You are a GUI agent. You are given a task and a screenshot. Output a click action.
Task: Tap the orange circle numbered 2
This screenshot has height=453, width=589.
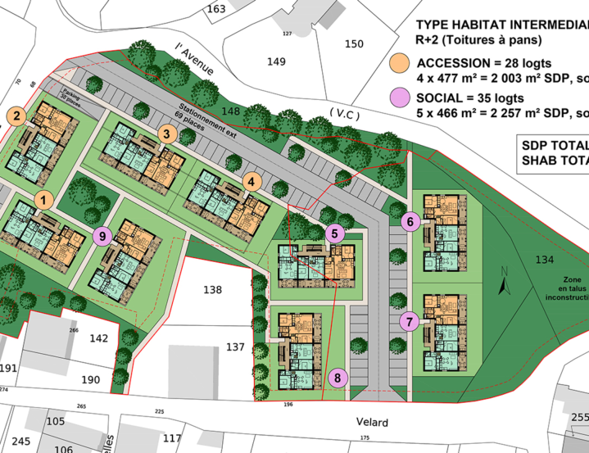pos(16,116)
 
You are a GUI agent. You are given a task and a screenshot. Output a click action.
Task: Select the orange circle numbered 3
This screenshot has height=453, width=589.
pos(167,134)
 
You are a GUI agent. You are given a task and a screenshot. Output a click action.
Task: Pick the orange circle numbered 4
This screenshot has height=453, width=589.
pos(252,182)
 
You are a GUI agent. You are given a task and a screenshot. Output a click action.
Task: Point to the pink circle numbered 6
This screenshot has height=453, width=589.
pos(412,220)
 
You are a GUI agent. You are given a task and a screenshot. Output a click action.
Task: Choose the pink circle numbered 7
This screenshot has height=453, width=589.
pos(410,321)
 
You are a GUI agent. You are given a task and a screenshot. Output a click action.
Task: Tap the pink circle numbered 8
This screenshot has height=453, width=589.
pos(337,378)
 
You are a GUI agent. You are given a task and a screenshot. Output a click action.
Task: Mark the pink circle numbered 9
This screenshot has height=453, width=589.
pos(102,237)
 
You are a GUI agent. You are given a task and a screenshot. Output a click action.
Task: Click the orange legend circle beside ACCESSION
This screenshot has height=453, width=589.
pos(400,64)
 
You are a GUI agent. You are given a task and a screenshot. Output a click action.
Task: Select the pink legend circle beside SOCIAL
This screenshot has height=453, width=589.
pos(400,97)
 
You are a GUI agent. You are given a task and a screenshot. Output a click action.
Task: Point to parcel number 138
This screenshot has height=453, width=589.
pos(212,290)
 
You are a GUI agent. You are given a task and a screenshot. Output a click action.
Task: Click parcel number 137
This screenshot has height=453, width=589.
pos(235,347)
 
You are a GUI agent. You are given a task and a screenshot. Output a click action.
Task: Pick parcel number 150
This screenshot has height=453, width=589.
pos(353,43)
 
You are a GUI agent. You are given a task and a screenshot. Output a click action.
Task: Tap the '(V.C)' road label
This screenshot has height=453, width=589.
pos(343,114)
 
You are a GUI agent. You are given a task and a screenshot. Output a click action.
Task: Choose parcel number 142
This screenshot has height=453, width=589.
pos(98,337)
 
